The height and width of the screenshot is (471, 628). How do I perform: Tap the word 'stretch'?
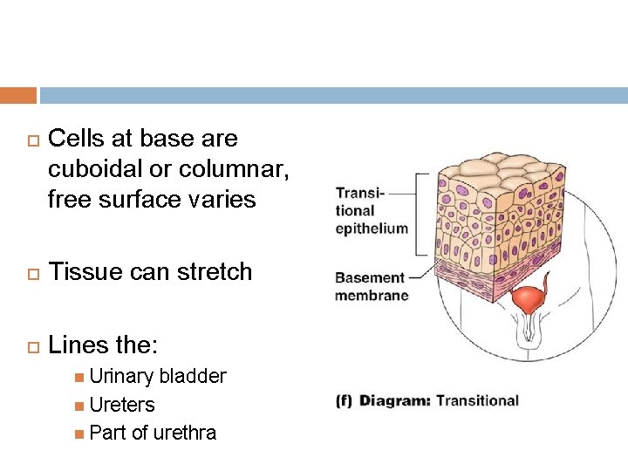pyautogui.click(x=210, y=272)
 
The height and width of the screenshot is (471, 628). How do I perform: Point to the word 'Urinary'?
pyautogui.click(x=121, y=377)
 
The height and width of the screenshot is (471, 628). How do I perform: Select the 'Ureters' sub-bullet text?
pyautogui.click(x=122, y=405)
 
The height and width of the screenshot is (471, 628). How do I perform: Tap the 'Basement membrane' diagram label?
pyautogui.click(x=371, y=287)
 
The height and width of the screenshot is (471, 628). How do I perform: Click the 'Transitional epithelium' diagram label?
pyautogui.click(x=372, y=210)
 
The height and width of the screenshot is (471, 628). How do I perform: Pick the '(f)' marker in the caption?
pyautogui.click(x=344, y=401)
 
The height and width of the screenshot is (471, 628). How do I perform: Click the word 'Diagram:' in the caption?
pyautogui.click(x=395, y=401)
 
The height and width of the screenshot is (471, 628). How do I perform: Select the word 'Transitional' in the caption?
pyautogui.click(x=477, y=401)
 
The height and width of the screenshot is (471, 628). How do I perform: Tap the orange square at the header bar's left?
pyautogui.click(x=18, y=95)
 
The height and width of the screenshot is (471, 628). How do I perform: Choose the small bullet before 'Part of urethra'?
pyautogui.click(x=79, y=433)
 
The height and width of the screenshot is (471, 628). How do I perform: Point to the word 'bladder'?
pyautogui.click(x=193, y=377)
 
